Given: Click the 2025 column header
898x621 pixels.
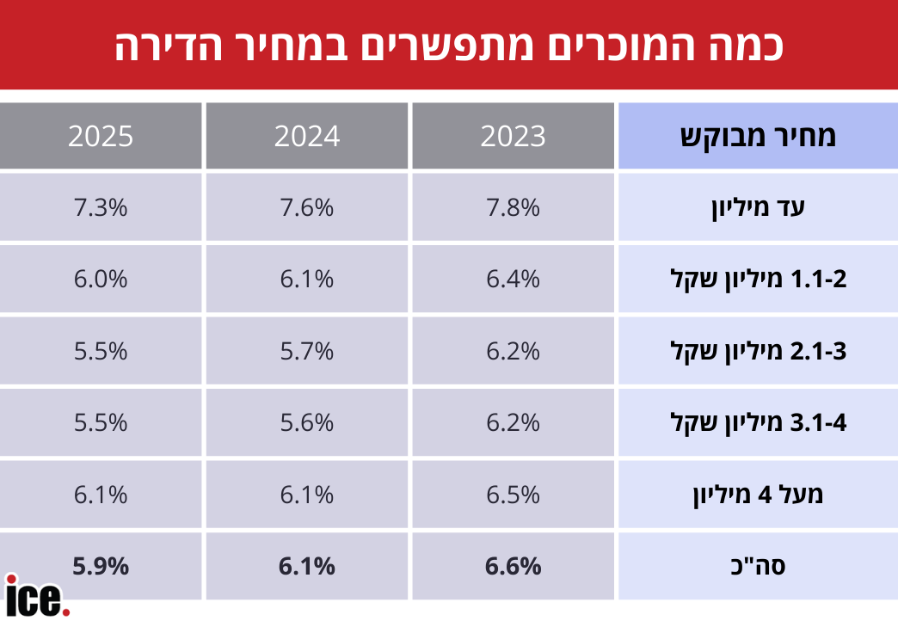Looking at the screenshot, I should (x=101, y=136).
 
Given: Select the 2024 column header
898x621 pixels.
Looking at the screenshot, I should (x=307, y=136).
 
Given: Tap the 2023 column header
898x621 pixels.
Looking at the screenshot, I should (x=514, y=136).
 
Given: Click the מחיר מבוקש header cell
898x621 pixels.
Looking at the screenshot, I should (x=758, y=136).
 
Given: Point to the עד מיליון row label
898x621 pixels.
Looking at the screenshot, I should (x=758, y=207).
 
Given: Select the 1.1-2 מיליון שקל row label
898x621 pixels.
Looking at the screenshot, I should (x=758, y=280).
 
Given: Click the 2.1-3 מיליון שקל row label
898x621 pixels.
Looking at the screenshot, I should (x=758, y=351).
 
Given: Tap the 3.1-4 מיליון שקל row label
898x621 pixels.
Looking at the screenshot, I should (x=758, y=422).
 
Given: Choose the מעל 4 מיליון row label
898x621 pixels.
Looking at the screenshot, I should (x=758, y=495).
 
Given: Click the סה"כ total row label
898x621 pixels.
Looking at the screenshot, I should (x=758, y=567).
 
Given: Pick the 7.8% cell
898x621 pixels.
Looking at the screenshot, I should (x=514, y=207).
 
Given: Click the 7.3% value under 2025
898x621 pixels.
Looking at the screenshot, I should (x=101, y=207).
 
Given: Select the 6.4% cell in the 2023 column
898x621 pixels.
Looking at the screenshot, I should (x=514, y=280).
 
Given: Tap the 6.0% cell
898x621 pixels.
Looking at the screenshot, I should (x=101, y=280).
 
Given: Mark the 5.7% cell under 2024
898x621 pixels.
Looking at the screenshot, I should (x=307, y=351).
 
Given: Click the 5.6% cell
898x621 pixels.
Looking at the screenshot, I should (x=307, y=422).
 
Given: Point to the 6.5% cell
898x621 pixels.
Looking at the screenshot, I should (x=514, y=495).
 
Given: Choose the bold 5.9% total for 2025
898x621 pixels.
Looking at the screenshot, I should (x=101, y=567).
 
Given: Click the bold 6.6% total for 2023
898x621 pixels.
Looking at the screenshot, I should (x=514, y=567).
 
